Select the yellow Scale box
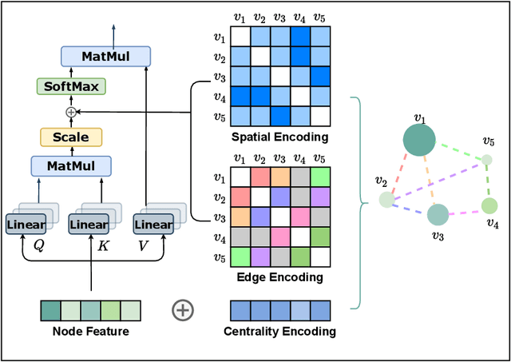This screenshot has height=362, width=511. pyautogui.click(x=71, y=137)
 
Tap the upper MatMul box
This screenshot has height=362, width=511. pyautogui.click(x=106, y=57)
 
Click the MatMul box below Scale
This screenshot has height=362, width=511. pyautogui.click(x=71, y=166)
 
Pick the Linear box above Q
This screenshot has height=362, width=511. pyautogui.click(x=26, y=225)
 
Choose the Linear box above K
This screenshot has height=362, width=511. pyautogui.click(x=89, y=225)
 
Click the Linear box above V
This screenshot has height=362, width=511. pyautogui.click(x=153, y=225)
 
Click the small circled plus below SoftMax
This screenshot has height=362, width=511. pyautogui.click(x=71, y=112)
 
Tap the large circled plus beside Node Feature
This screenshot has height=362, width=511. pyautogui.click(x=183, y=310)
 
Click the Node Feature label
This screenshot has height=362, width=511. pyautogui.click(x=90, y=331)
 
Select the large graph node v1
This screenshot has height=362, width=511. pyautogui.click(x=419, y=142)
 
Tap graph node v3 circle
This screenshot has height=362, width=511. pyautogui.click(x=437, y=214)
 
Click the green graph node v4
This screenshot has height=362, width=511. pyautogui.click(x=489, y=206)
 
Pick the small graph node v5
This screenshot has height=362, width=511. pyautogui.click(x=487, y=160)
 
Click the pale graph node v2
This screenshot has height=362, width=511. pyautogui.click(x=387, y=200)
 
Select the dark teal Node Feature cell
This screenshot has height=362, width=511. pyautogui.click(x=50, y=310)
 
